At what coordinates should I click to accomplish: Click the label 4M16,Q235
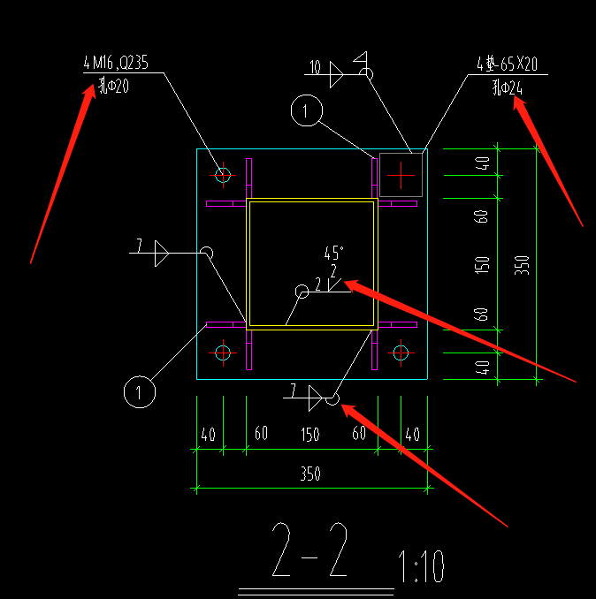(x=116, y=63)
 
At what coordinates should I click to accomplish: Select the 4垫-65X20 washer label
(x=507, y=64)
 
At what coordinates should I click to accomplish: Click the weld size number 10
(x=315, y=67)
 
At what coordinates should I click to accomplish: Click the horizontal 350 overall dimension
(x=309, y=474)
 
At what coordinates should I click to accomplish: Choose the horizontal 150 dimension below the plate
(x=309, y=434)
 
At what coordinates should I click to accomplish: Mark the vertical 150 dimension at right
(x=483, y=264)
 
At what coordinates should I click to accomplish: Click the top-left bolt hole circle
(x=222, y=175)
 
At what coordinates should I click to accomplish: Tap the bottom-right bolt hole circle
(x=401, y=353)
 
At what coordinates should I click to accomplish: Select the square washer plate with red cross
(x=401, y=175)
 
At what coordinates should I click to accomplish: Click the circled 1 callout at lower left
(x=138, y=390)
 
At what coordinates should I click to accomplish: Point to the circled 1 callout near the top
(x=306, y=110)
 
